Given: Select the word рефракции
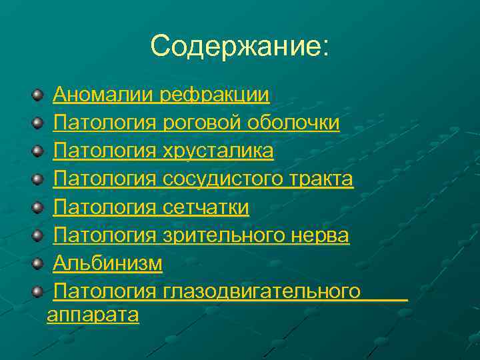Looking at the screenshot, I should point(215,95).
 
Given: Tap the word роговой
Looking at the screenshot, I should point(202,123).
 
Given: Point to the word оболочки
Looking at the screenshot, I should point(293,123).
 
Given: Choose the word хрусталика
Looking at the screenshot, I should point(218,151).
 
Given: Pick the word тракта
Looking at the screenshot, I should point(323,179).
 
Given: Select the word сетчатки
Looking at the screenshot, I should point(206,207).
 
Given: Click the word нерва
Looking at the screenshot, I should point(319,235).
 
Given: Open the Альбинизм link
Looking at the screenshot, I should point(107,263).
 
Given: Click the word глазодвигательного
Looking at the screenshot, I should point(261,291).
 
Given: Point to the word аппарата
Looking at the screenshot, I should point(93,315).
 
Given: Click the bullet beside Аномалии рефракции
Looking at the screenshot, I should point(37,96).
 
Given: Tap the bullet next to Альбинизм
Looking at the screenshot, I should point(37,264).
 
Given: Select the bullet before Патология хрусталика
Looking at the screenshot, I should point(37,152).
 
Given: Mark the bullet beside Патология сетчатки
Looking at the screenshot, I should point(37,208).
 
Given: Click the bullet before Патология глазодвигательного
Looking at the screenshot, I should point(37,292).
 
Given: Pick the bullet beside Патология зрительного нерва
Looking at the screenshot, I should point(37,236).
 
